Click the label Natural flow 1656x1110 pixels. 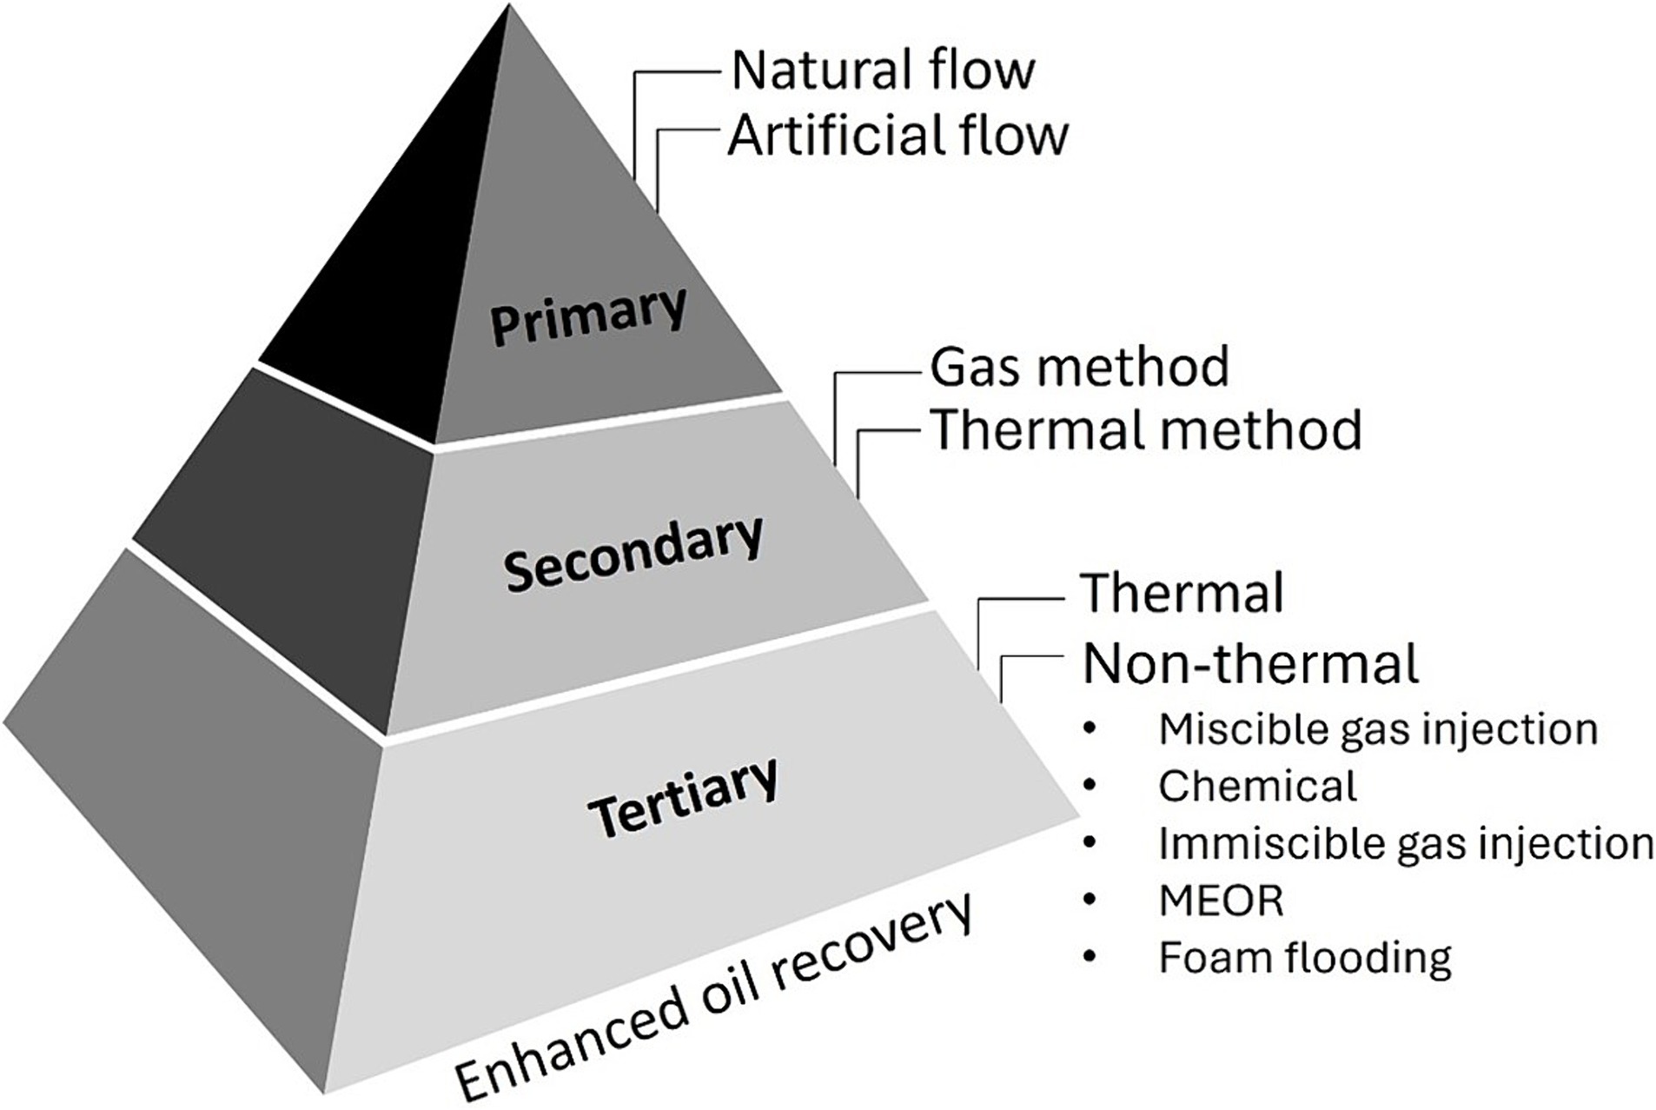pyautogui.click(x=883, y=70)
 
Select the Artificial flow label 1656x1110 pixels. pyautogui.click(x=898, y=136)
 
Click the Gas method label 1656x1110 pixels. pyautogui.click(x=1079, y=366)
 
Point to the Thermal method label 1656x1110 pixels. pyautogui.click(x=1145, y=429)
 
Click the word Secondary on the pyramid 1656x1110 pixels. pyautogui.click(x=633, y=553)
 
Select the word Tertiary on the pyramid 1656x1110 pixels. pyautogui.click(x=683, y=796)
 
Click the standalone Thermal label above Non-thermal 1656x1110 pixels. pyautogui.click(x=1182, y=594)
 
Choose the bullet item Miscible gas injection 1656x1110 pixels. pyautogui.click(x=1377, y=728)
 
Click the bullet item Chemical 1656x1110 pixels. pyautogui.click(x=1256, y=786)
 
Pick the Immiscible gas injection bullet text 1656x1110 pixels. pyautogui.click(x=1405, y=843)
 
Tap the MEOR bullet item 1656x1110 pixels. pyautogui.click(x=1221, y=901)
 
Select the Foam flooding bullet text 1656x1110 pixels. pyautogui.click(x=1304, y=958)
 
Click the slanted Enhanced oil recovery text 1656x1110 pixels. pyautogui.click(x=712, y=1000)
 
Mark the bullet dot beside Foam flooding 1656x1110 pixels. pyautogui.click(x=1090, y=958)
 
